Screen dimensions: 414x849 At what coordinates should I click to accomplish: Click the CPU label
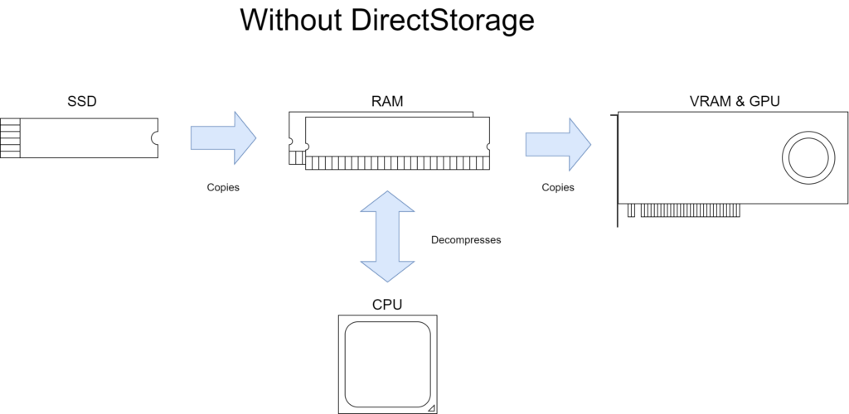[387, 305]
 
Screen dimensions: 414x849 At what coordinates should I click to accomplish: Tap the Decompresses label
[466, 240]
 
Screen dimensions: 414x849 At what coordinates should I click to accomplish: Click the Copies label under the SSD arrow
[223, 187]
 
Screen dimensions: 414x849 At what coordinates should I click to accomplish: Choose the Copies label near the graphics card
[558, 187]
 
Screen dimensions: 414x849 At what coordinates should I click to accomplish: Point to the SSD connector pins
[10, 137]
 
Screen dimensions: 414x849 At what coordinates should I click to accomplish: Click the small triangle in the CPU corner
[430, 407]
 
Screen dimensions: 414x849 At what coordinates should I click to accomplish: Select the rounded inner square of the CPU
[387, 363]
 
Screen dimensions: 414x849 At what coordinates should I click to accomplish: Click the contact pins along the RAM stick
[396, 163]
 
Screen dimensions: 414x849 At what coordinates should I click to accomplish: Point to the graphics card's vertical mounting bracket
[617, 170]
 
